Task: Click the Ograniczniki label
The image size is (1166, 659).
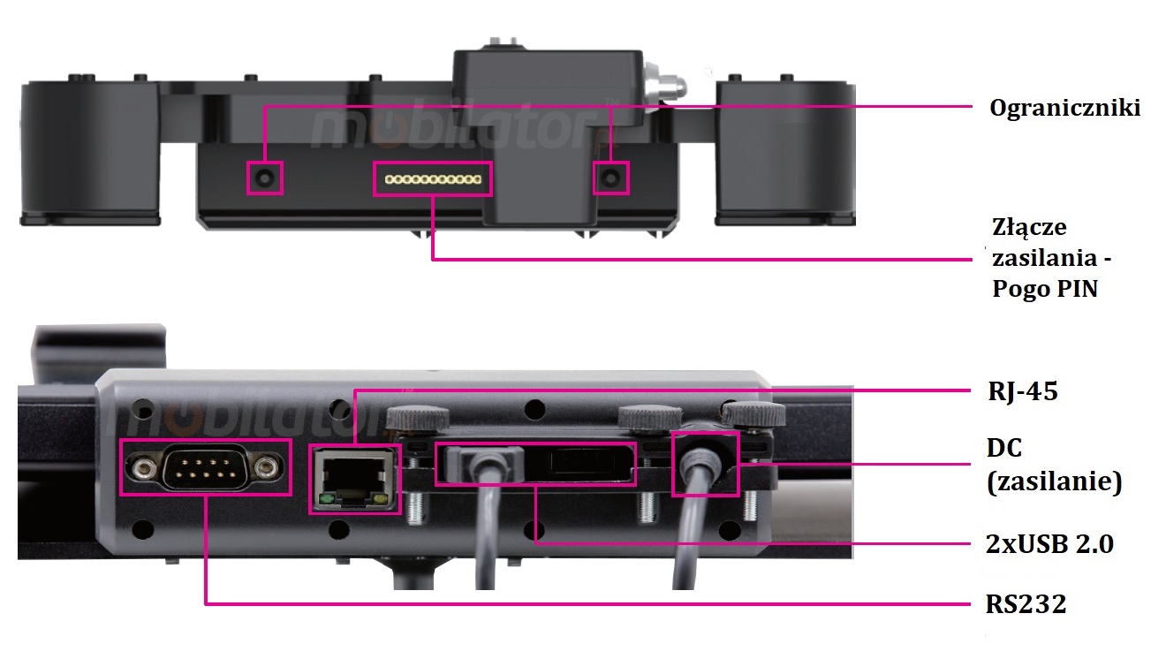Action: point(1064,109)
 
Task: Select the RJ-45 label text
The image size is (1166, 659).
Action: point(1023,392)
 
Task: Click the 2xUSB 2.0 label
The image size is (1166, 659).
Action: point(1049,544)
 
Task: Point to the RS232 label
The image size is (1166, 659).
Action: point(1026,604)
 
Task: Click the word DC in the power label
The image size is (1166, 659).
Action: point(1004,448)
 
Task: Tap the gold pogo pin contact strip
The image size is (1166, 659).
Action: point(433,179)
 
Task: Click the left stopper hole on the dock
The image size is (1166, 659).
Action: point(264,178)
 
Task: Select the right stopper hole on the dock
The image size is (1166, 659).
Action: point(611,178)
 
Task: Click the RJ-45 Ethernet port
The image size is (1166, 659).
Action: point(355,479)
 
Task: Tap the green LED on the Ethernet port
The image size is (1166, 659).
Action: point(326,500)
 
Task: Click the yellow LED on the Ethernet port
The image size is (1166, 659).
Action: point(382,500)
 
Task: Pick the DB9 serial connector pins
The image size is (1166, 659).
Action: point(206,467)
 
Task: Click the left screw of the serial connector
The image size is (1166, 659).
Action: point(143,468)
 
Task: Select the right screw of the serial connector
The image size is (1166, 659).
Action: point(268,468)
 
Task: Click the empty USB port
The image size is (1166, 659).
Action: point(579,462)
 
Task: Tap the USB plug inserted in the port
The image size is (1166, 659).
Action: point(484,461)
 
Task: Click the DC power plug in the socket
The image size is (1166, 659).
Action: point(700,460)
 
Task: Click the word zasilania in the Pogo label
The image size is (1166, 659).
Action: point(1045,258)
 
